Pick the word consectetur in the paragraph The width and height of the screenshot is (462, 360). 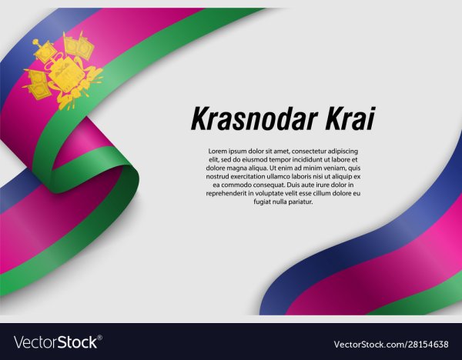pos(305,151)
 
